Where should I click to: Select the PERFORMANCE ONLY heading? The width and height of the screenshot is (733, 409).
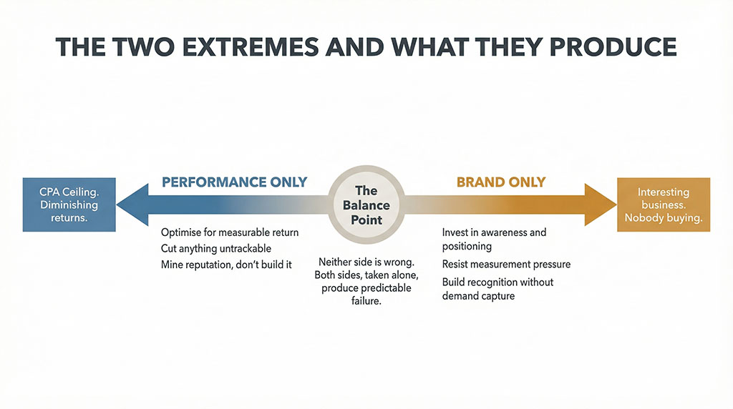(234, 182)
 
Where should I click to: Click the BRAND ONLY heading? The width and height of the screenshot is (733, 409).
(501, 182)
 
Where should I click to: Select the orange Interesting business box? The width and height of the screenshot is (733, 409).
(664, 204)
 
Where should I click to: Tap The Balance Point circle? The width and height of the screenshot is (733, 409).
(366, 204)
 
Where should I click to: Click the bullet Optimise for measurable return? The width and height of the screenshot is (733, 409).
(230, 232)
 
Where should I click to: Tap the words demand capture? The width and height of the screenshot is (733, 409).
(478, 295)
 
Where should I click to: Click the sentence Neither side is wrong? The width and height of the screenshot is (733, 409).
(366, 262)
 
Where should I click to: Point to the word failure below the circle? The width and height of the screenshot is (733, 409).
(366, 301)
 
